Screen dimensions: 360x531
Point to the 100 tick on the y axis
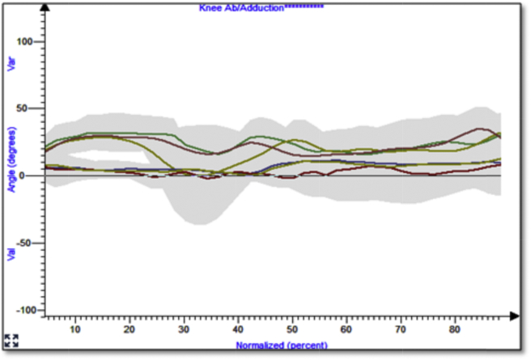(35, 41)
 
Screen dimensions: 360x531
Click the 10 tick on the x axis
(75, 330)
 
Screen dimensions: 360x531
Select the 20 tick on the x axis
(130, 330)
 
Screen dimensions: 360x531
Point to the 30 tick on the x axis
(184, 330)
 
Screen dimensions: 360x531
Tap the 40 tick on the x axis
(238, 330)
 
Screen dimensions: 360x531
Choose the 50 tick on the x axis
(292, 330)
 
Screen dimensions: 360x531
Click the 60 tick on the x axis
(346, 330)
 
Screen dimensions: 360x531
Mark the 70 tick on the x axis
(401, 330)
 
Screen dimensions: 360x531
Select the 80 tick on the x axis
(455, 330)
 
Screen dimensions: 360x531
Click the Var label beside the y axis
(12, 65)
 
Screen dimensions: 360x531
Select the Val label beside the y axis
(12, 254)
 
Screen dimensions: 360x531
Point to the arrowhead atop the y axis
(46, 6)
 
